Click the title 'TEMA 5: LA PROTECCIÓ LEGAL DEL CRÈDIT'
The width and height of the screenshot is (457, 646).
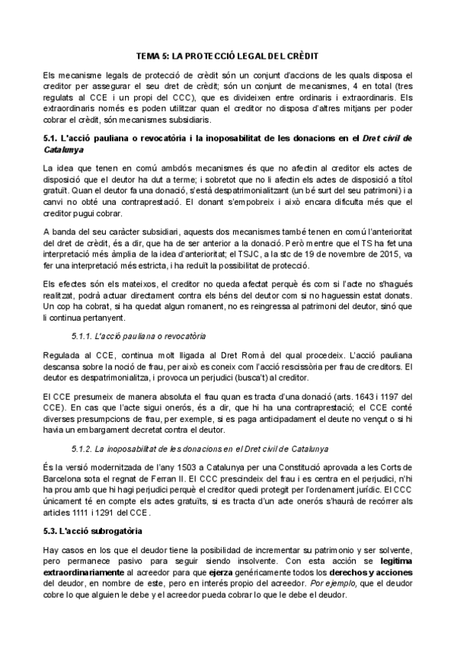point(227,56)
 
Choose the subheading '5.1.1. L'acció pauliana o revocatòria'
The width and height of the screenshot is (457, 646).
point(136,335)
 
